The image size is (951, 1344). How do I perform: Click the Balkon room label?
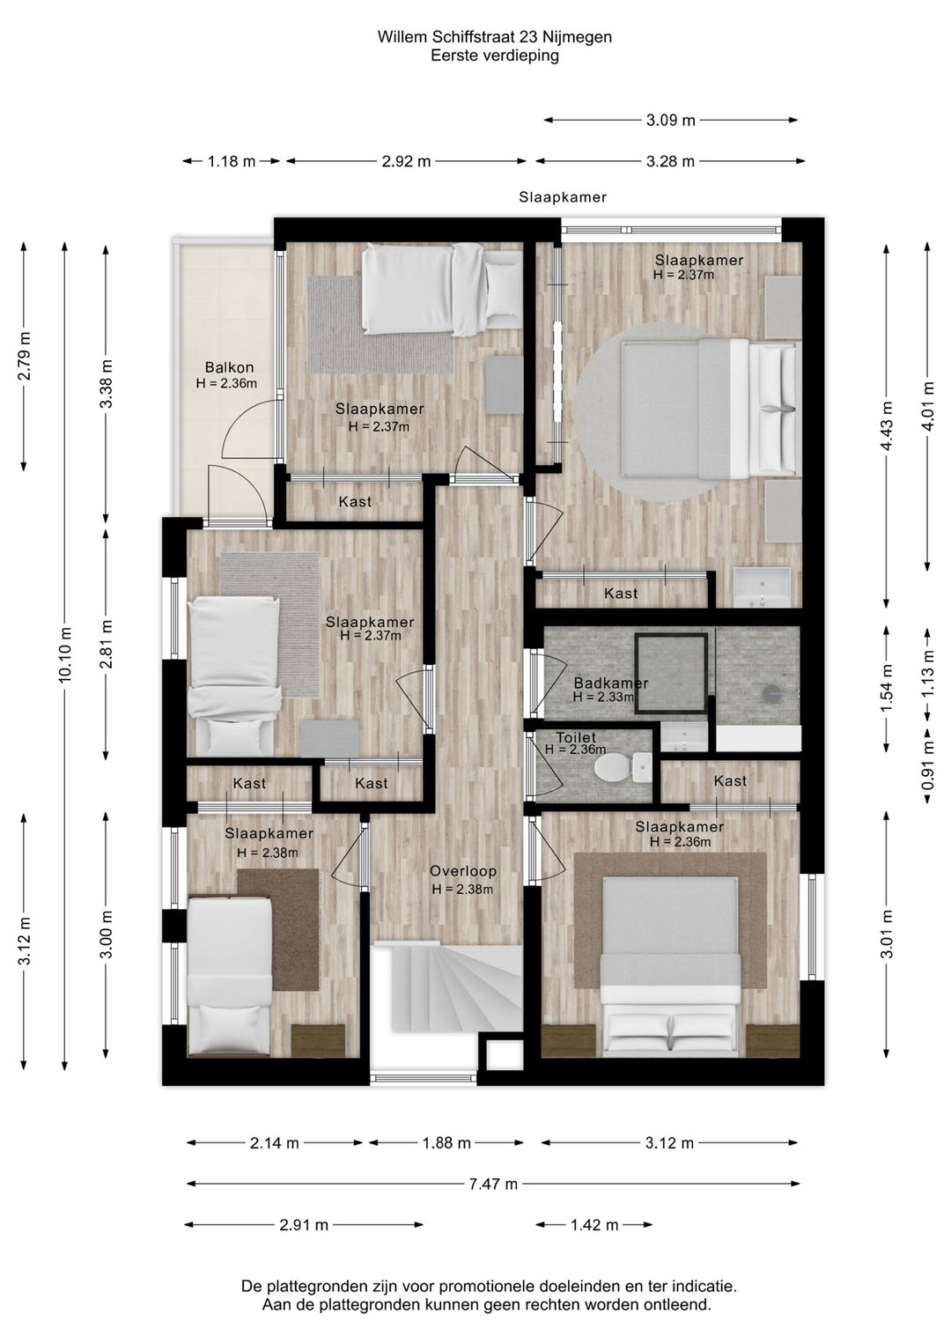(x=229, y=367)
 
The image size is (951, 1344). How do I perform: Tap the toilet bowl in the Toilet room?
(x=616, y=767)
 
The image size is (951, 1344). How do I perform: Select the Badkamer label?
(x=611, y=683)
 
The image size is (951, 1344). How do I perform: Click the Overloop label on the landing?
(x=462, y=871)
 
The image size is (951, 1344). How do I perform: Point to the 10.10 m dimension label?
(x=65, y=654)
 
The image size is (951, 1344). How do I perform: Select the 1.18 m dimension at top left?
(x=232, y=161)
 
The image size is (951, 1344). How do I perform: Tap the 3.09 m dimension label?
(x=670, y=121)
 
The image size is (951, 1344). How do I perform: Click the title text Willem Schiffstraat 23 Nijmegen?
(x=494, y=37)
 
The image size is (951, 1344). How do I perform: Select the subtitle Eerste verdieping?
(x=494, y=55)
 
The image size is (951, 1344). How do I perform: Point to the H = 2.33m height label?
(x=603, y=698)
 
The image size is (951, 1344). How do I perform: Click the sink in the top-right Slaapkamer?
(x=762, y=587)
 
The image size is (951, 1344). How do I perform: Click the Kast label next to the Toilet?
(x=730, y=780)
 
